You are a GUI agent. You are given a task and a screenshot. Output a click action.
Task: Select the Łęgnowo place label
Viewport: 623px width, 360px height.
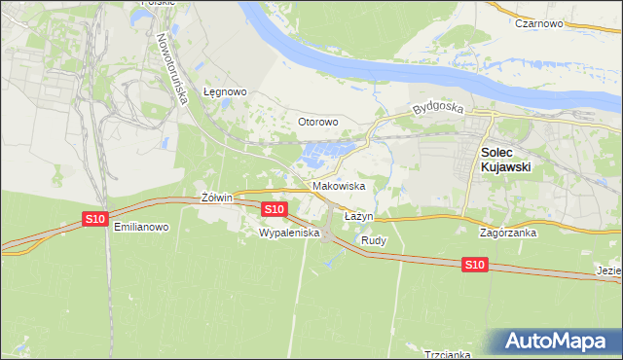click(x=225, y=91)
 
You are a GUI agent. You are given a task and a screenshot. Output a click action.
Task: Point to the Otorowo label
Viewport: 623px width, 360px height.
click(x=317, y=122)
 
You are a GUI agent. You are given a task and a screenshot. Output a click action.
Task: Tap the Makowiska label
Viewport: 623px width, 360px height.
click(x=339, y=185)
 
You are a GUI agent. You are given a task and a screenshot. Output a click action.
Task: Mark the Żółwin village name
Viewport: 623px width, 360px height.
click(x=216, y=198)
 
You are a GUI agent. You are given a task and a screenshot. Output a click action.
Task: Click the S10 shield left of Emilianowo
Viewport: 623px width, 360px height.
click(x=94, y=219)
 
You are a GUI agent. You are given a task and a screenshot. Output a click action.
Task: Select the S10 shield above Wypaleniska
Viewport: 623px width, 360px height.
click(x=275, y=209)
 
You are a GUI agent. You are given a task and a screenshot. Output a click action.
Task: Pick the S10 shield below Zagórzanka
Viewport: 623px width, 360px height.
click(x=474, y=264)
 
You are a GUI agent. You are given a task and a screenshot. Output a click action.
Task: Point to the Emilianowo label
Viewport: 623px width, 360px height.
click(x=142, y=227)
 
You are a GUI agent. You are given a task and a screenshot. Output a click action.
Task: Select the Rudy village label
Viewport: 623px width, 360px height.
click(x=374, y=239)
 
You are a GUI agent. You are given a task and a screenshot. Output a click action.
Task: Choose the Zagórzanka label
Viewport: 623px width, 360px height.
click(x=510, y=234)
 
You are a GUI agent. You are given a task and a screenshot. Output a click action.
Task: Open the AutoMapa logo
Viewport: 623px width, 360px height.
click(x=559, y=342)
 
